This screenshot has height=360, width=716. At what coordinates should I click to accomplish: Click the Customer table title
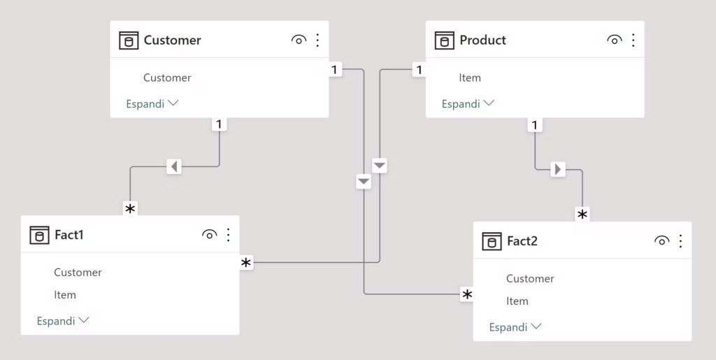coord(172,40)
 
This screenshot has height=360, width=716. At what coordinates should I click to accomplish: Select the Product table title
coord(482,40)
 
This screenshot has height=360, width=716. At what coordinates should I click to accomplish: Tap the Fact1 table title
coord(69,235)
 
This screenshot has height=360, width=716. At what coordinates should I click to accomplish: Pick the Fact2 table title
coord(522,241)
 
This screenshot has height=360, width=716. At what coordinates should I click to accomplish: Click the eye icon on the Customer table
coord(299,40)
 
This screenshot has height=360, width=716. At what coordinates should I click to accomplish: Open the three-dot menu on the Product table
coord(633,40)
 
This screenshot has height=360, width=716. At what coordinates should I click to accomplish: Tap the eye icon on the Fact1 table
coord(210,235)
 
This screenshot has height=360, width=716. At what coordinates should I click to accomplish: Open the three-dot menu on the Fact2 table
coord(680,241)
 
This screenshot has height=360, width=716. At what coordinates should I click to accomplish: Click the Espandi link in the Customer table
coord(152,103)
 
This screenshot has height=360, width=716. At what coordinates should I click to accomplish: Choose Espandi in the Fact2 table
coord(515,327)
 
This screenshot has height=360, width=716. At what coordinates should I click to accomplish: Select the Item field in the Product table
coord(470,78)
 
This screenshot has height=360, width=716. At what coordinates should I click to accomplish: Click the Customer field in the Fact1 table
coord(78,273)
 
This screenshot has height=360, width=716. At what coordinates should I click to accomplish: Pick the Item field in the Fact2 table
coord(517,301)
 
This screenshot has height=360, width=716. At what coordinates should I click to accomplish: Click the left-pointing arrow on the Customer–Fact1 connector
coord(173,166)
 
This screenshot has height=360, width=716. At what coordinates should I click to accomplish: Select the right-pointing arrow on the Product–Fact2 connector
coord(557,169)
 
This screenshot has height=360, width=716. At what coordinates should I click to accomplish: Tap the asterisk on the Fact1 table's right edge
coord(246,263)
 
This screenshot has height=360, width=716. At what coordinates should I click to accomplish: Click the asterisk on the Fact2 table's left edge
coord(466,295)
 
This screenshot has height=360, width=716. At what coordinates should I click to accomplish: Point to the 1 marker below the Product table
coord(535,124)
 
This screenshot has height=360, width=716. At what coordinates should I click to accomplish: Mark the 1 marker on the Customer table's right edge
coord(335,70)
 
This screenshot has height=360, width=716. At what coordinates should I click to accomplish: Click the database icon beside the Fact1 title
coord(39,235)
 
